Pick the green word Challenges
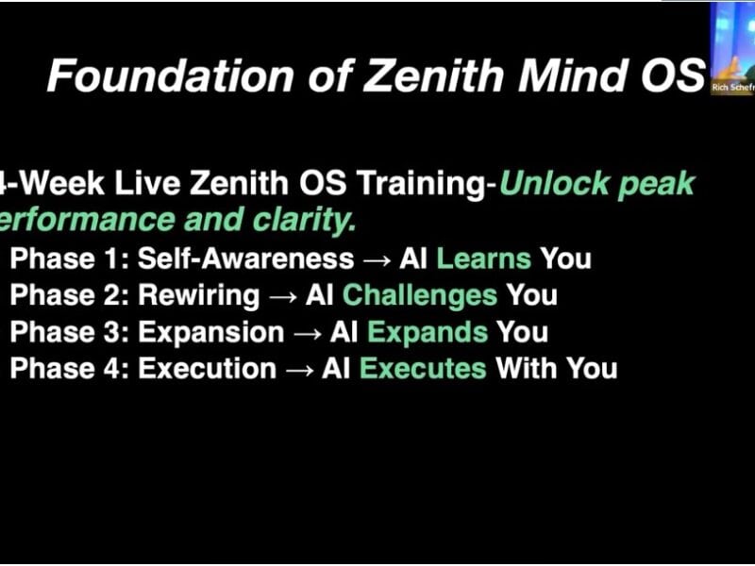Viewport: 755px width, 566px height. (x=419, y=295)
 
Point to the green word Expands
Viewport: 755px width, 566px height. (x=427, y=332)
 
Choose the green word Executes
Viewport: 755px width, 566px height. (x=423, y=368)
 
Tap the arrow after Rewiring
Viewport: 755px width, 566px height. (x=282, y=296)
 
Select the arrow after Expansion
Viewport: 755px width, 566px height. (x=307, y=333)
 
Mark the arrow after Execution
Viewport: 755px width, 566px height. (x=299, y=369)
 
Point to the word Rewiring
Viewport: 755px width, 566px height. (x=198, y=295)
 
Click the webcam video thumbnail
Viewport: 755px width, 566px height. (x=732, y=42)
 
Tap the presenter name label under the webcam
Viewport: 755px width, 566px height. (x=732, y=88)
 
